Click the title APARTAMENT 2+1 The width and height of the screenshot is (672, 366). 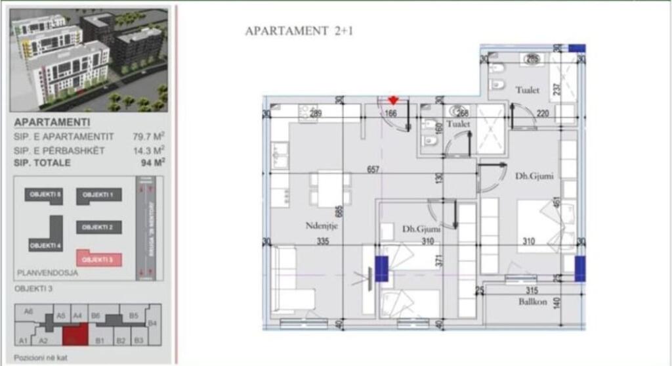pyautogui.click(x=299, y=31)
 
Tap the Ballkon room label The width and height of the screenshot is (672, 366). pyautogui.click(x=532, y=303)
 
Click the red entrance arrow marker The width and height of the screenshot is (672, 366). pyautogui.click(x=393, y=101)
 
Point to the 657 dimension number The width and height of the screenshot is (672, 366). pyautogui.click(x=374, y=169)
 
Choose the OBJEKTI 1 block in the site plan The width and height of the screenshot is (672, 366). pyautogui.click(x=98, y=195)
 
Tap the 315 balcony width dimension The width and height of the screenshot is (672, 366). pyautogui.click(x=532, y=290)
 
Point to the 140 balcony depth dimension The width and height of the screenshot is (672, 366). pyautogui.click(x=557, y=304)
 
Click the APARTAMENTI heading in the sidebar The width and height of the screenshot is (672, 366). pyautogui.click(x=52, y=122)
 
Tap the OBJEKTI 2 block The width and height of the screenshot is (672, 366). pyautogui.click(x=98, y=227)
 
